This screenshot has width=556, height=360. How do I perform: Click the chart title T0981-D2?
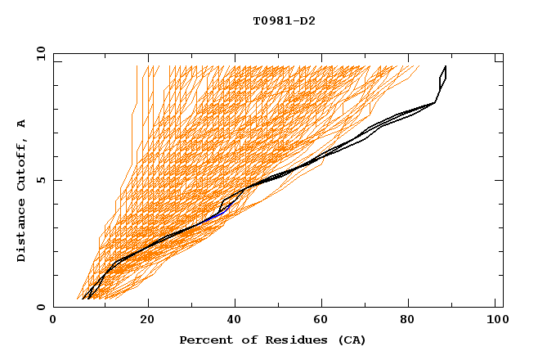(x=284, y=21)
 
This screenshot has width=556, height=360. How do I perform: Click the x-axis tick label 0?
(x=53, y=321)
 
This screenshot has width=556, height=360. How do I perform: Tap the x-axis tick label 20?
(x=148, y=321)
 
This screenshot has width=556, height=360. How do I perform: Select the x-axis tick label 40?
(x=236, y=321)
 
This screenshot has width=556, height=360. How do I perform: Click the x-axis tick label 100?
(x=495, y=321)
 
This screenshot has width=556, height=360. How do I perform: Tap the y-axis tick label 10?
(x=40, y=53)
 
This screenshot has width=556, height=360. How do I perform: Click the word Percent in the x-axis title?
(x=204, y=340)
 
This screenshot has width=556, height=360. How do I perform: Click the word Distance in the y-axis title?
(x=22, y=228)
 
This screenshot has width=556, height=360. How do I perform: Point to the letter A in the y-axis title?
(x=22, y=123)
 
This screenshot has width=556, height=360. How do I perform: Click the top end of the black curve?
(x=445, y=66)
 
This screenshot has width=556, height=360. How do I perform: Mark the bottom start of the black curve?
(x=84, y=299)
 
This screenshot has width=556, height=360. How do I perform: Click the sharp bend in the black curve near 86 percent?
(x=434, y=102)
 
